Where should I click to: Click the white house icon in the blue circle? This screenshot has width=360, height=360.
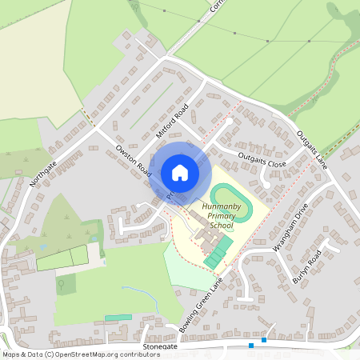(179, 172)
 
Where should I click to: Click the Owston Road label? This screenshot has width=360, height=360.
(133, 158)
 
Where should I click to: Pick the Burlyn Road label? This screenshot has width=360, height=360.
(306, 264)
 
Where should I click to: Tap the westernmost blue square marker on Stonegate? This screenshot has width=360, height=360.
(251, 346)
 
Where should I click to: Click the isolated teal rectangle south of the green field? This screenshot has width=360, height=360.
(118, 318)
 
